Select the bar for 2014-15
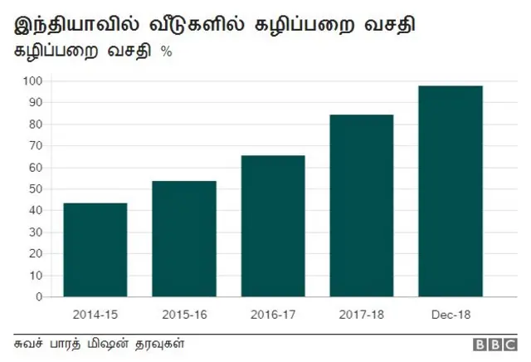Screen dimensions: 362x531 pos(95,250)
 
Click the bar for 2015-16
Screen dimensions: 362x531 pos(184,239)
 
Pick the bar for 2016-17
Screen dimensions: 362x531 pos(273,226)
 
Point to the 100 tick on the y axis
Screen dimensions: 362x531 pos(33,81)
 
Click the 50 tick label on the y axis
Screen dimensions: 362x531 pos(37,189)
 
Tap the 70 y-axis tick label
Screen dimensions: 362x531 pos(37,146)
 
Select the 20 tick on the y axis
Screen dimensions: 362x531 pos(37,254)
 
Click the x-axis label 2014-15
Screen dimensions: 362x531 pos(95,315)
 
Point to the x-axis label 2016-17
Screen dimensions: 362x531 pos(273,315)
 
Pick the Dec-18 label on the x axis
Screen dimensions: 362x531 pos(451,315)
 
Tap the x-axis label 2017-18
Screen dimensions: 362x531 pos(362,315)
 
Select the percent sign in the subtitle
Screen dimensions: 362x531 pos(166,51)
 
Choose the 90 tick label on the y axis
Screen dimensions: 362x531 pos(37,103)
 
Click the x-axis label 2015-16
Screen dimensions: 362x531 pos(184,315)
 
